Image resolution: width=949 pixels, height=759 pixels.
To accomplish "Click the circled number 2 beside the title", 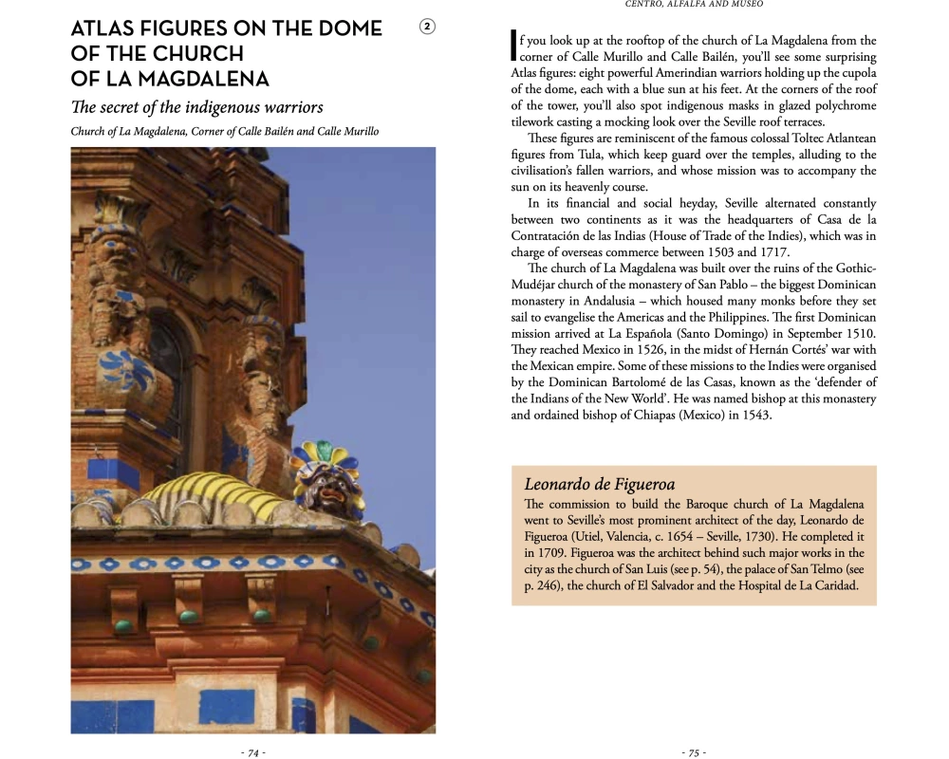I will coord(427,28).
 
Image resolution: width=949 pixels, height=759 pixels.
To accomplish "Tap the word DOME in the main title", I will coord(350,29).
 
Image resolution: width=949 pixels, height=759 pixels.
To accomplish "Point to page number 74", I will coord(252,752).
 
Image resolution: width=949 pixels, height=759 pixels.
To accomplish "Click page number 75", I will coord(694,752).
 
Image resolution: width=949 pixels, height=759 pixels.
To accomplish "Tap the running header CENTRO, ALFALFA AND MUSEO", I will coord(694,4).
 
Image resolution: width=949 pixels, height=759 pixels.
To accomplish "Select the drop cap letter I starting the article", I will coord(513,47).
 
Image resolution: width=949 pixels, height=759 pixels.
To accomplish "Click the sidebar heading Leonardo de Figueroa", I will coord(599,485).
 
